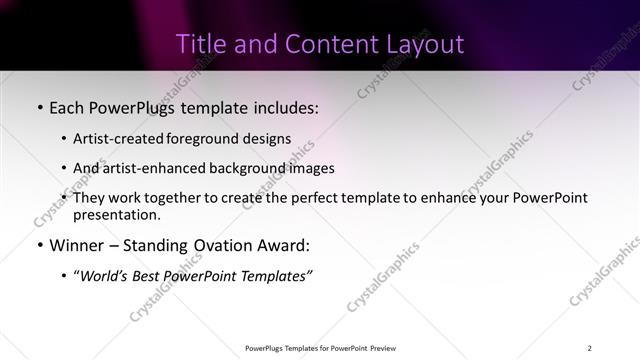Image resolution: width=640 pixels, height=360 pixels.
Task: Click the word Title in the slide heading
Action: [x=200, y=45]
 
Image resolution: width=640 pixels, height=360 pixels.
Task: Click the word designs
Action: [x=269, y=139]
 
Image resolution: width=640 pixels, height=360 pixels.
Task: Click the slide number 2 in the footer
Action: [x=589, y=348]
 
